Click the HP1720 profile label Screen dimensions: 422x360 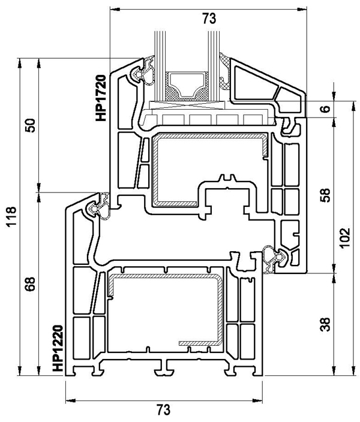click(x=100, y=97)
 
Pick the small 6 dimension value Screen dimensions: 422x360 click(x=325, y=110)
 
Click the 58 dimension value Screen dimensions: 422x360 click(x=325, y=195)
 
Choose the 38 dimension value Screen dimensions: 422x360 click(x=325, y=325)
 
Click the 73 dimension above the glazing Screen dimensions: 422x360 click(x=208, y=19)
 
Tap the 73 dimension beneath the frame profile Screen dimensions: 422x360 click(x=163, y=410)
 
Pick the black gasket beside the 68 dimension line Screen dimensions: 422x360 click(x=97, y=208)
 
